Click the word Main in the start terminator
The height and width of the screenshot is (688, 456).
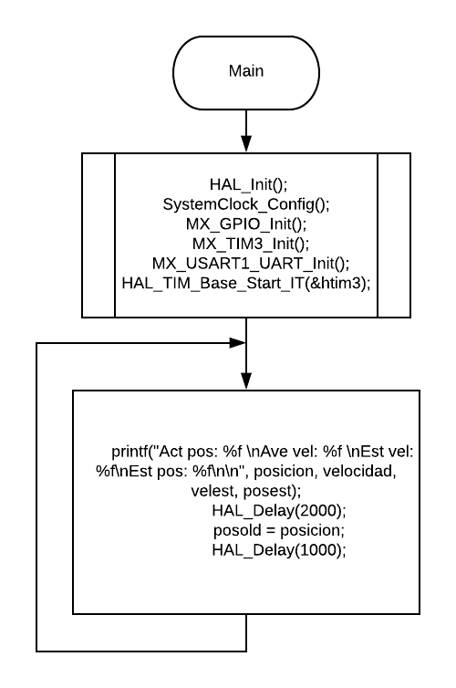[246, 71]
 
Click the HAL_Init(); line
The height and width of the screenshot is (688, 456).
[248, 184]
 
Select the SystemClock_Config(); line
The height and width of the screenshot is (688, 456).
[246, 204]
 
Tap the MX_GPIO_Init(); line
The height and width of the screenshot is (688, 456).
[246, 224]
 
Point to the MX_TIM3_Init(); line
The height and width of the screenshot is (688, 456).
[251, 244]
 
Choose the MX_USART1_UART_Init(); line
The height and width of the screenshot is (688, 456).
[251, 264]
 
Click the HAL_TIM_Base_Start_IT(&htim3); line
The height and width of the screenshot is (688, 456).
[246, 283]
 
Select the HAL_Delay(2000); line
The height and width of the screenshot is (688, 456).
[279, 510]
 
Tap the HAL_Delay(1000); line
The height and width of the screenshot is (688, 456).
[279, 550]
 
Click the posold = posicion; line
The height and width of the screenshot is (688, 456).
[279, 530]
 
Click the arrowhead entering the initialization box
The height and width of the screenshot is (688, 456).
[246, 144]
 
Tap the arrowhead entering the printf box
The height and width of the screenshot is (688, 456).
[246, 380]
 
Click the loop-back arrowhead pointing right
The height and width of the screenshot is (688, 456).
[237, 343]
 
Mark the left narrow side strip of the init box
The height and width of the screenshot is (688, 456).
[98, 235]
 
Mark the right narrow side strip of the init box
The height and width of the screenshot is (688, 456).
[394, 235]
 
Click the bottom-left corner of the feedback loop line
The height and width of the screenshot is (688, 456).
[36, 652]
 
